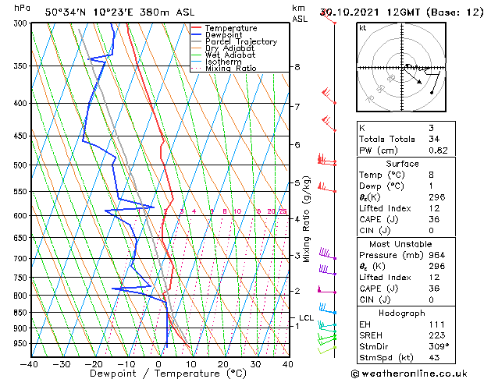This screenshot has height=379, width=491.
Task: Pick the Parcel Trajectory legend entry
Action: pyautogui.click(x=240, y=42)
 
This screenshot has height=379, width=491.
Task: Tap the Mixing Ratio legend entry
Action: pyautogui.click(x=230, y=69)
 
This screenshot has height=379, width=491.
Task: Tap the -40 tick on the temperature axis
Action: pyautogui.click(x=30, y=364)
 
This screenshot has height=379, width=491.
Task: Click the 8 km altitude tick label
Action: pyautogui.click(x=297, y=67)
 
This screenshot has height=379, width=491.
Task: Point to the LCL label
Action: pyautogui.click(x=306, y=318)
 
